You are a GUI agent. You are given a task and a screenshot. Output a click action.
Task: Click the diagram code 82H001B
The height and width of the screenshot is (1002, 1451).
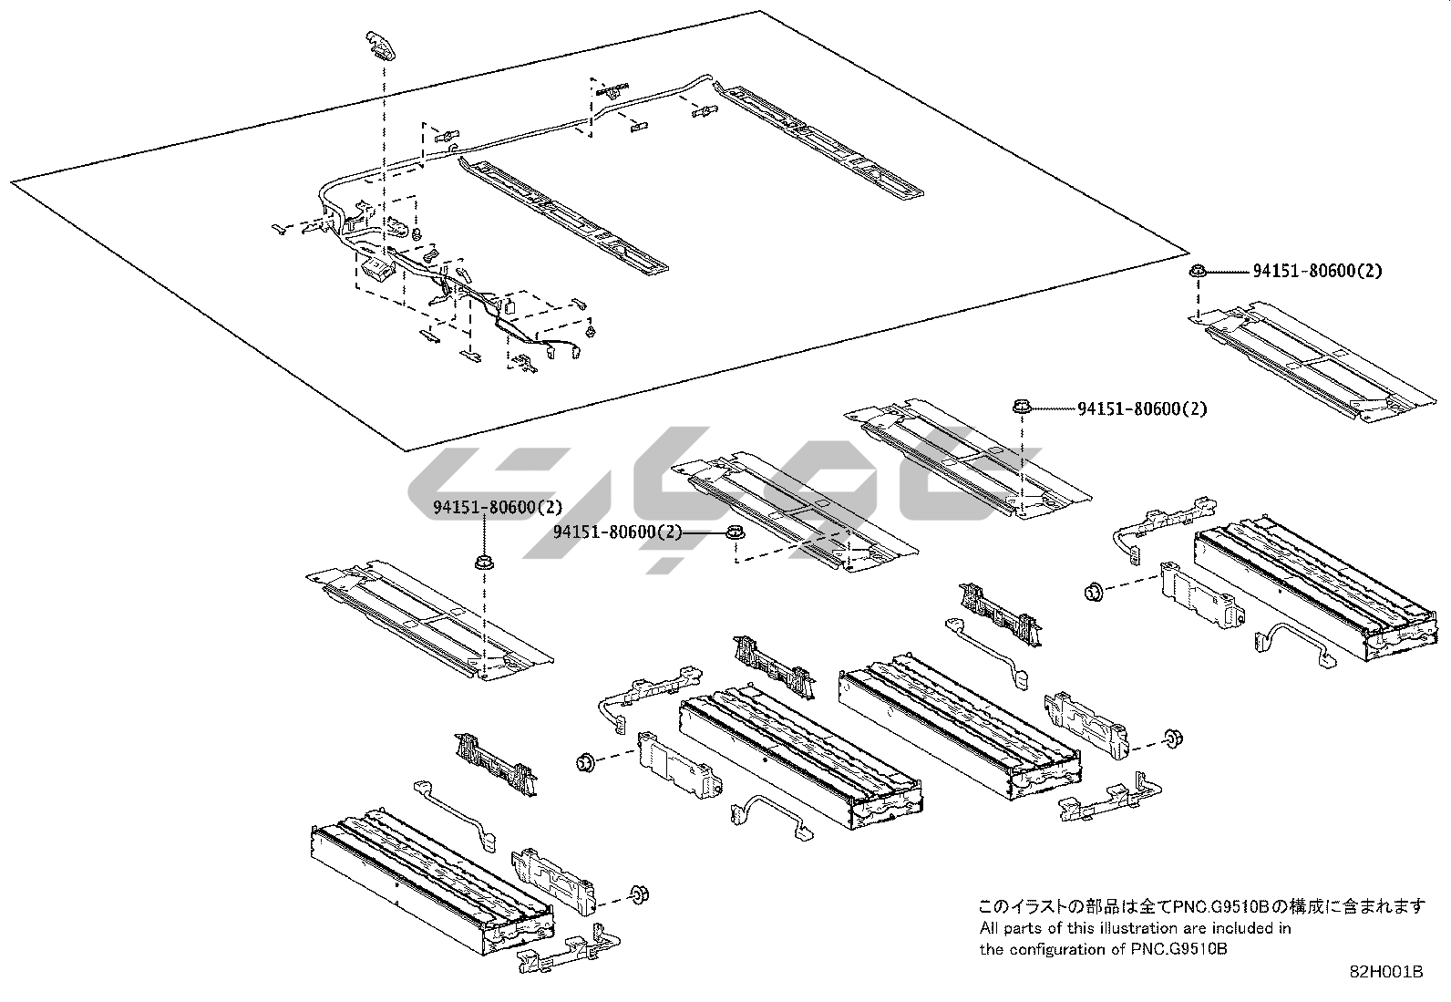point(1385,973)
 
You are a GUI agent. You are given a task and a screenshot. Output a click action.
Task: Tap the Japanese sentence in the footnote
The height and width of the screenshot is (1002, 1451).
point(1201,906)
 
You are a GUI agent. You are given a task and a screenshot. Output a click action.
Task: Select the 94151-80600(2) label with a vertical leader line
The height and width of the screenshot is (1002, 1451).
point(498,507)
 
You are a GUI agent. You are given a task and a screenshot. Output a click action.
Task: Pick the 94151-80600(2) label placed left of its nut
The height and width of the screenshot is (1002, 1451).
point(617,532)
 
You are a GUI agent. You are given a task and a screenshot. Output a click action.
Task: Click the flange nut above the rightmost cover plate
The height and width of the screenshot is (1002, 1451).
point(1198,271)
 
